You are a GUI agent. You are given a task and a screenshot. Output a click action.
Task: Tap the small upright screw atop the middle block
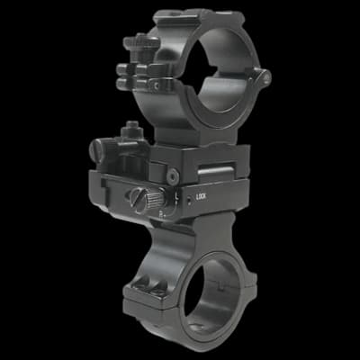(x=132, y=128)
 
